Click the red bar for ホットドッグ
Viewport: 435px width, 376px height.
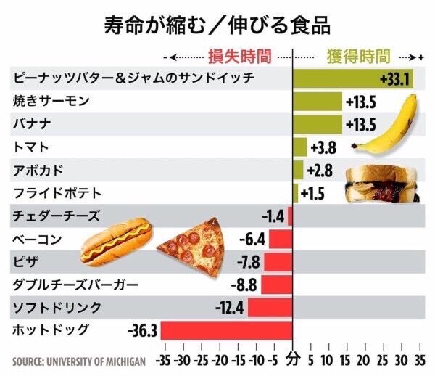click(x=225, y=330)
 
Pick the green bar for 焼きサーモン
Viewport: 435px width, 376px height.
click(x=317, y=101)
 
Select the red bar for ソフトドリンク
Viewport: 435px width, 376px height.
click(x=270, y=307)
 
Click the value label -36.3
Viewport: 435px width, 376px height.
click(x=142, y=331)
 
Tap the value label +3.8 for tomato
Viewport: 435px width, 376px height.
click(x=323, y=147)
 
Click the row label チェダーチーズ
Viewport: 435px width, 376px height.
click(x=57, y=216)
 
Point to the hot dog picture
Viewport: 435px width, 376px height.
click(x=116, y=242)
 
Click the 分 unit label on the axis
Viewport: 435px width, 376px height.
click(x=292, y=359)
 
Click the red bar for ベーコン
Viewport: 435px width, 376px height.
click(x=280, y=239)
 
